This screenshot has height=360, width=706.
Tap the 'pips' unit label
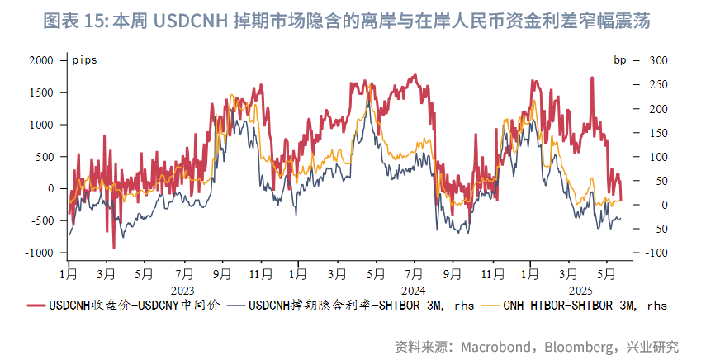(x=83, y=60)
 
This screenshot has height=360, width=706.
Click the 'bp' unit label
(x=619, y=60)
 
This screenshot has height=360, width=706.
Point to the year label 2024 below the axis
(x=410, y=291)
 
